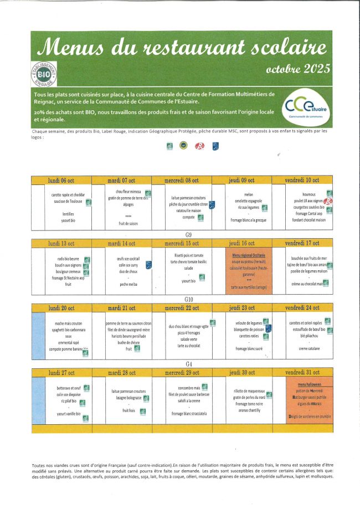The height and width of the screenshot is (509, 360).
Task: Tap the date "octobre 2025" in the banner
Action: [x=298, y=69]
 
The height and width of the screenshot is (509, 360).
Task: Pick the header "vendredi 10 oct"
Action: [x=302, y=181]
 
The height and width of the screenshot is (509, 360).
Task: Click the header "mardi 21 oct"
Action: [x=121, y=308]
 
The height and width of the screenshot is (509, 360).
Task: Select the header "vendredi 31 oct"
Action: [x=302, y=373]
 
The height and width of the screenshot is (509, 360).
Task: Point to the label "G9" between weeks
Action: [x=188, y=235]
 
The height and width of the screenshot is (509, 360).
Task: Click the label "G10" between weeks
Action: [x=188, y=299]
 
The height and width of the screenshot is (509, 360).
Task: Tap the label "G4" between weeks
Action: [x=188, y=364]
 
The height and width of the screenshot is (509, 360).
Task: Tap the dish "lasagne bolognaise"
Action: [x=126, y=398]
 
